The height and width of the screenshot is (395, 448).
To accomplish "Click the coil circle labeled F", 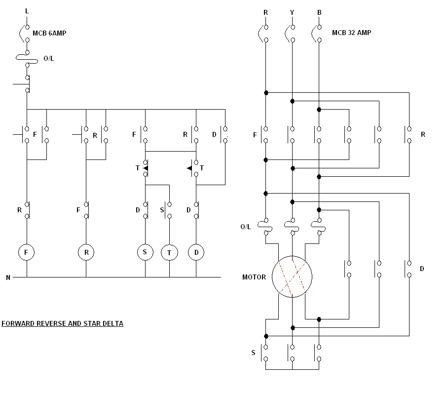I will coord(27,253).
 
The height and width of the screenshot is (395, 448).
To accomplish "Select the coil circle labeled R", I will coord(86,253).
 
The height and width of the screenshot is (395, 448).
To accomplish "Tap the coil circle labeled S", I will coord(145,252).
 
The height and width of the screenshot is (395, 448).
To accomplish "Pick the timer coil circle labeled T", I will coord(169,253).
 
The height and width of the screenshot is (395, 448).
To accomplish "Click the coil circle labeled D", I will coord(196,253).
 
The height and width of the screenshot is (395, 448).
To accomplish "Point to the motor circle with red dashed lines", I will coord(292,276).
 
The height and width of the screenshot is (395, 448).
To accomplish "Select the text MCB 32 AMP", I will coord(351,33).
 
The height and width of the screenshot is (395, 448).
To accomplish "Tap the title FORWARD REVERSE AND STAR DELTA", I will coord(62,324).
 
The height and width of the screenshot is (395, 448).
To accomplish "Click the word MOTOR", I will coord(254,277).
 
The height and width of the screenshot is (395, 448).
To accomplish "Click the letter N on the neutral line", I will coord(8,277).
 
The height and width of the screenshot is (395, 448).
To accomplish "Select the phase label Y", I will coord(292,12).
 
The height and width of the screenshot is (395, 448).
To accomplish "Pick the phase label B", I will coord(319,12).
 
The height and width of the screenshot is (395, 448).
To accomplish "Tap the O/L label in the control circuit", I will coord(49,58).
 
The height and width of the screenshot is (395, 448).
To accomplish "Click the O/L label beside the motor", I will coord(246,227).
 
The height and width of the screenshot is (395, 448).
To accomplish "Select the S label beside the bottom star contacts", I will coord(254,353).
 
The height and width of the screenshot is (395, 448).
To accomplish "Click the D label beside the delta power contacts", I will coord(422,269).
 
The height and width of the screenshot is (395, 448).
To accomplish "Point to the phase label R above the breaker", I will coord(266,12).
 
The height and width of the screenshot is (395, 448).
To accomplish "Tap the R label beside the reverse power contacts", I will coord(423,134).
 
